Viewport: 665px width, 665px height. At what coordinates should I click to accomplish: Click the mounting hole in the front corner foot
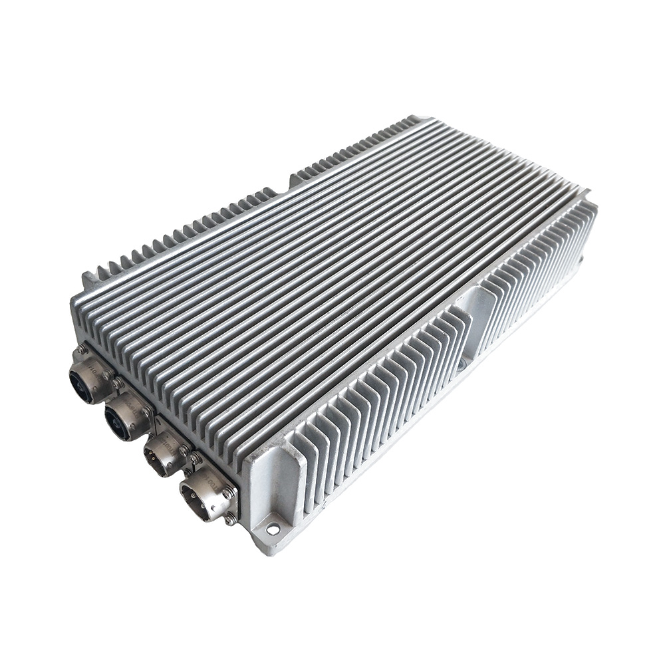tap(273, 529)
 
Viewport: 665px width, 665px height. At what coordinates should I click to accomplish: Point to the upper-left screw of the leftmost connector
tap(80, 348)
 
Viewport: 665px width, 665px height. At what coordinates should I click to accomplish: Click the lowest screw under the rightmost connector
tap(230, 519)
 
